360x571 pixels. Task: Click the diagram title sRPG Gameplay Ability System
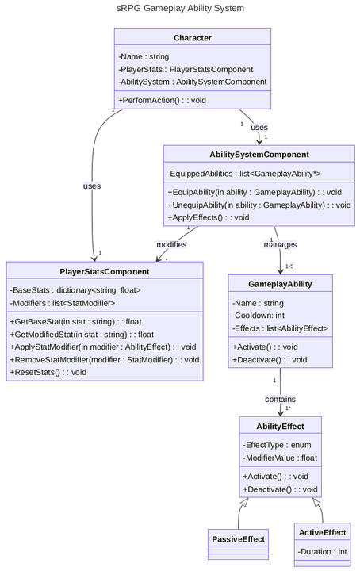(x=180, y=8)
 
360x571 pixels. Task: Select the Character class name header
(x=192, y=38)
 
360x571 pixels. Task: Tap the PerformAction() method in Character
(x=162, y=100)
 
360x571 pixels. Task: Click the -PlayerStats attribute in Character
(x=186, y=69)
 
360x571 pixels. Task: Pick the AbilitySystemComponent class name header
(x=259, y=154)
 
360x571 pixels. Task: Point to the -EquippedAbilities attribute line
(x=243, y=174)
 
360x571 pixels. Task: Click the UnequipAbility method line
(x=259, y=205)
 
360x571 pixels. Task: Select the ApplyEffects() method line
(x=209, y=217)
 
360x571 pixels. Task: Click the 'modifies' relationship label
(x=171, y=244)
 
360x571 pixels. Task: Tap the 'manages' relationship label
(x=280, y=244)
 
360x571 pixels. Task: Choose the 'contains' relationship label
(x=281, y=398)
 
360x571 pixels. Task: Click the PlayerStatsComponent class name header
(x=105, y=271)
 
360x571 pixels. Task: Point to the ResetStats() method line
(x=48, y=371)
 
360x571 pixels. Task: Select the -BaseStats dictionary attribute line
(x=75, y=290)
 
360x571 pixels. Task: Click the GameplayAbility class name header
(x=280, y=284)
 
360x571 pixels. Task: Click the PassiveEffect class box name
(x=238, y=539)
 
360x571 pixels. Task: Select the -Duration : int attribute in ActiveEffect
(x=322, y=551)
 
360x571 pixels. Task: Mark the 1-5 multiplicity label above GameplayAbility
(x=289, y=266)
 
